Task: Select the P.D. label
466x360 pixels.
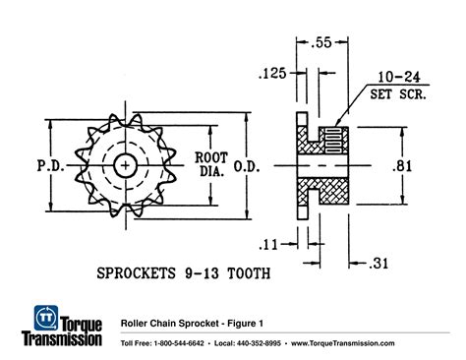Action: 48,164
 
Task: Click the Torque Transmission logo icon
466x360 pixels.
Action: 43,318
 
